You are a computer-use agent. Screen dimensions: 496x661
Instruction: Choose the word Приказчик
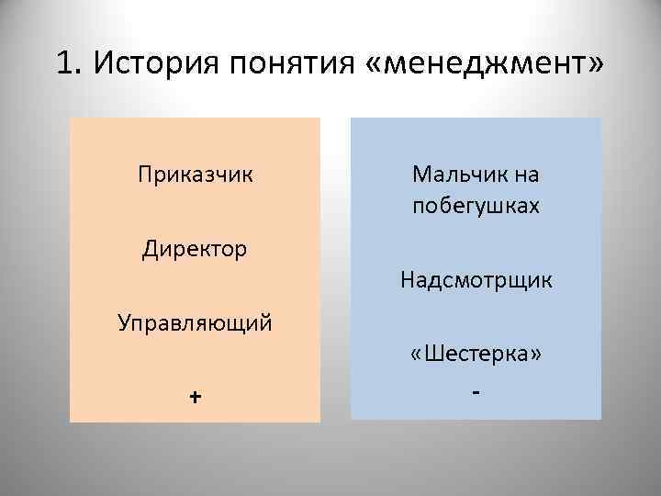(x=195, y=174)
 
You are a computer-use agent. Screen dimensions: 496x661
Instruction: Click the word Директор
(x=195, y=248)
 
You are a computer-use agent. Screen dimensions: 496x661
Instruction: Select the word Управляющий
(x=195, y=322)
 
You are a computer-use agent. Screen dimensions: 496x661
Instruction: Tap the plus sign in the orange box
(x=195, y=396)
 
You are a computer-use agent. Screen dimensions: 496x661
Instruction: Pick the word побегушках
(x=476, y=205)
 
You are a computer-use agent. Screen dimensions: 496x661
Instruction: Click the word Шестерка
(x=476, y=354)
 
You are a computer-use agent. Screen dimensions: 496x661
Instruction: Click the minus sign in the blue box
(x=476, y=393)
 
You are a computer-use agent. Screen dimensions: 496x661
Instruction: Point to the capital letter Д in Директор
(x=150, y=249)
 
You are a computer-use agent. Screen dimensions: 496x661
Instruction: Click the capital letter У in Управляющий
(x=125, y=322)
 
